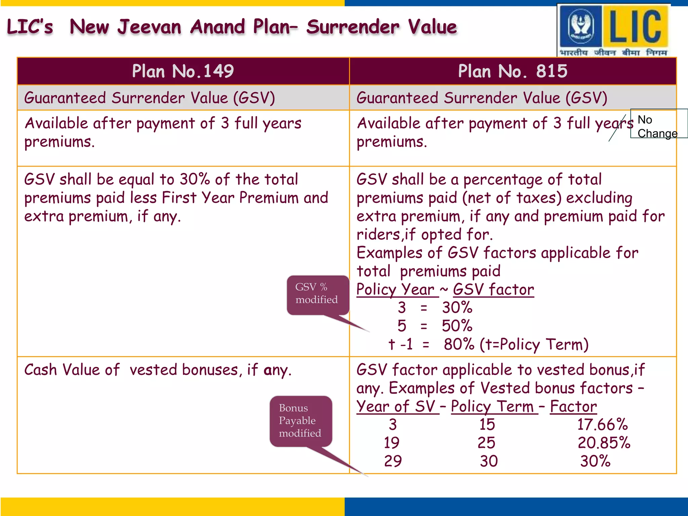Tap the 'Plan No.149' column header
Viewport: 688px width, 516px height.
183,71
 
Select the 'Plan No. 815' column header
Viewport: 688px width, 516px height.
513,71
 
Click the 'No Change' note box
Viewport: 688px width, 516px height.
658,124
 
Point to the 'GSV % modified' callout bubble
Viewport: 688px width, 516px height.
317,294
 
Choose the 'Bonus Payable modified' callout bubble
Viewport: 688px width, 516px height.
300,421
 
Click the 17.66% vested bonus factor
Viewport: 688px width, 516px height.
602,425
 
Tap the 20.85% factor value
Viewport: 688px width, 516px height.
604,443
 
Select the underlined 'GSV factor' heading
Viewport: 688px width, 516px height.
493,290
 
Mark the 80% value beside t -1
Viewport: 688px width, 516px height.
459,344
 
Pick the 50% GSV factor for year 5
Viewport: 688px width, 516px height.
457,326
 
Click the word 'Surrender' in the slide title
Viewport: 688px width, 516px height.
353,27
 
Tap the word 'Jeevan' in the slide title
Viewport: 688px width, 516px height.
149,27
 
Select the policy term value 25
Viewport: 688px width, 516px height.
486,443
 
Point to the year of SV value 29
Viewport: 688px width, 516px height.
393,461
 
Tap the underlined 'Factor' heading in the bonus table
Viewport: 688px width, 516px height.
573,406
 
